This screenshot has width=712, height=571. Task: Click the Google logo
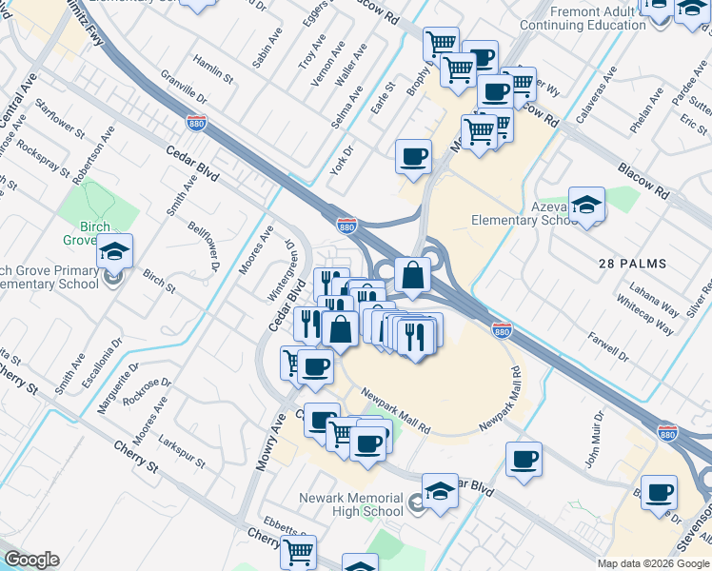31,560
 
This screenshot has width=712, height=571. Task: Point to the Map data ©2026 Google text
652,563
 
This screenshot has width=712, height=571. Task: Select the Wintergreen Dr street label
285,266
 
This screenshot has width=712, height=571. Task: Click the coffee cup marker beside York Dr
413,157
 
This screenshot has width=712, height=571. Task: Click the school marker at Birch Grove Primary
115,252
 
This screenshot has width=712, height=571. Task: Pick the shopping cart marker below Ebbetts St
299,551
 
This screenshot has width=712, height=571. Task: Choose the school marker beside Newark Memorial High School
440,492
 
